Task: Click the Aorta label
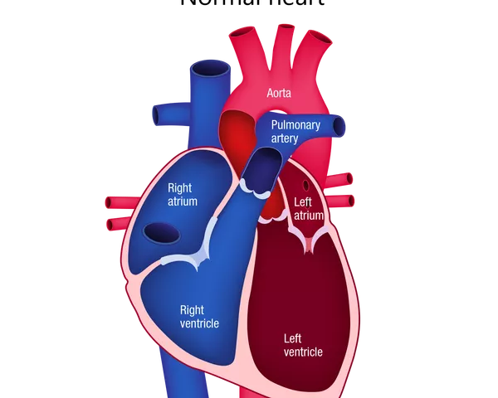[279, 95]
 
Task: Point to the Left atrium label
[307, 208]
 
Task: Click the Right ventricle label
[199, 316]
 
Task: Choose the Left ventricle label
[303, 345]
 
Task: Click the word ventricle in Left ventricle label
[303, 352]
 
